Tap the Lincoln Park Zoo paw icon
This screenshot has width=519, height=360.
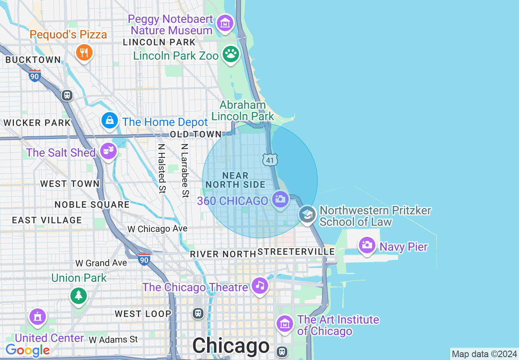[231, 54]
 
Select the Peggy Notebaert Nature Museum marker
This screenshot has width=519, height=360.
[225, 23]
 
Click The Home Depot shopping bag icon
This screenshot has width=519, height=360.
[110, 121]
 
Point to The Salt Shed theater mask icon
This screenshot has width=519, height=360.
[108, 151]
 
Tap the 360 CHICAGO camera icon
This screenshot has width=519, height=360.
[280, 199]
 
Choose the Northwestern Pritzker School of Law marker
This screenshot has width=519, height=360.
[307, 214]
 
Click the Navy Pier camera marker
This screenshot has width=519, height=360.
[367, 245]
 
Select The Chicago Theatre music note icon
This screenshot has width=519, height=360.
[260, 285]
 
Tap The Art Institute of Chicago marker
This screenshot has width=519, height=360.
[284, 324]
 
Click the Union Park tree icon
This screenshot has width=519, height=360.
[78, 295]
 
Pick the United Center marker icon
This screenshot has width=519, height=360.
[37, 317]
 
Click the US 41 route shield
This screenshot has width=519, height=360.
[270, 160]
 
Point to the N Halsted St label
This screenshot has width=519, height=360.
[162, 168]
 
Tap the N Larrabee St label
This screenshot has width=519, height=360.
[185, 170]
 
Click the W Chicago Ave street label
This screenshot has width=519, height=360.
[158, 229]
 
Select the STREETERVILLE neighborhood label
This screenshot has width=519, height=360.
[296, 252]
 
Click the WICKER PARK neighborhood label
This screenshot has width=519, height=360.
[37, 123]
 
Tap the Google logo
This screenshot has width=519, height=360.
[27, 350]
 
